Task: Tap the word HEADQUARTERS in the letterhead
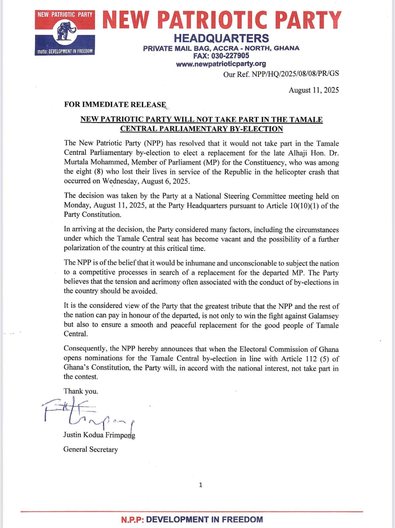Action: click(221, 38)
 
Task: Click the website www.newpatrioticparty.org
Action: click(221, 64)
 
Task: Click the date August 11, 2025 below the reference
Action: click(313, 90)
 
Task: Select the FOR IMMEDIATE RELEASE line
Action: click(115, 105)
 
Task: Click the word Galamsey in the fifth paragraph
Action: click(324, 316)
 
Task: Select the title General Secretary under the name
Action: click(90, 449)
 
